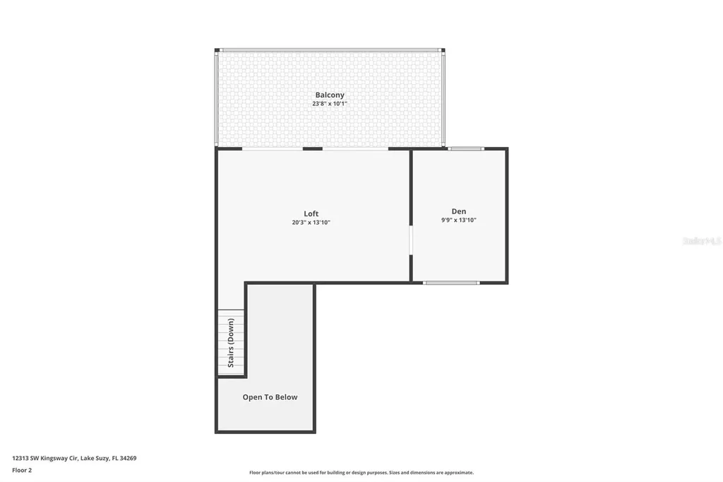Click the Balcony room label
(x=330, y=95)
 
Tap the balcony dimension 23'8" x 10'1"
(x=330, y=104)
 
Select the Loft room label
(x=311, y=213)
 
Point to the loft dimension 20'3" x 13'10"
(x=311, y=223)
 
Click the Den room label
(x=459, y=211)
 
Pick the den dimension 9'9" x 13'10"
(x=459, y=221)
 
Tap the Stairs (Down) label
(x=231, y=343)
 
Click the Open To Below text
(x=270, y=397)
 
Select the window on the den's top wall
(x=466, y=148)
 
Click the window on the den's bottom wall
(x=451, y=283)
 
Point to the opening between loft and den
(x=411, y=240)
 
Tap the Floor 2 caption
(x=22, y=470)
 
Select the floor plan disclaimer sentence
(x=361, y=473)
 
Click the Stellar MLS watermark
(x=701, y=241)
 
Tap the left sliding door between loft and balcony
(x=273, y=149)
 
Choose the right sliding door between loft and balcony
(x=355, y=149)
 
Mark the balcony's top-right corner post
(x=443, y=50)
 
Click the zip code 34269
(x=128, y=458)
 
